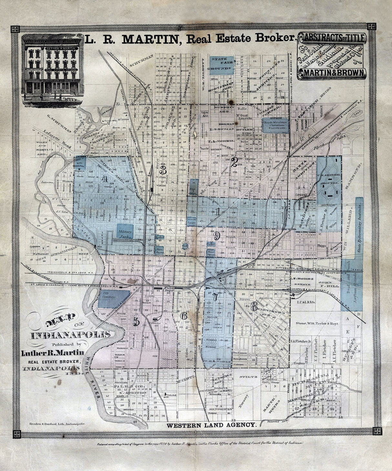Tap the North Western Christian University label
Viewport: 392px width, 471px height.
(x=274, y=125)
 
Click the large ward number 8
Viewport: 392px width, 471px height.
(x=254, y=307)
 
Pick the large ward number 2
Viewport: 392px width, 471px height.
(x=234, y=162)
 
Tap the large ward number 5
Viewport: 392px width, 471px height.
(x=136, y=321)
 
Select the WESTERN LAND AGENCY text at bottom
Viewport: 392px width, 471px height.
(x=211, y=425)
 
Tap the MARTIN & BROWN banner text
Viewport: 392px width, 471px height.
(x=332, y=73)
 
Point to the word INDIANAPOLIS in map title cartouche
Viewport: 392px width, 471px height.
(x=71, y=335)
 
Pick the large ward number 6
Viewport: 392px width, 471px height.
(x=184, y=316)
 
